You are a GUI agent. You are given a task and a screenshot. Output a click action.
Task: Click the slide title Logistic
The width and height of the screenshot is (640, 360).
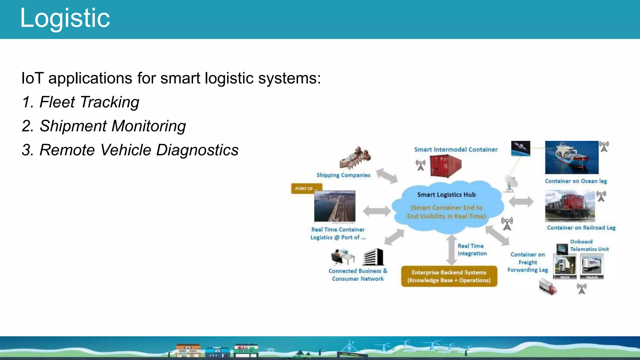(x=65, y=18)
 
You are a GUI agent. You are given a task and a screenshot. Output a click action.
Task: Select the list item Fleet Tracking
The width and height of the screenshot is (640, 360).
(x=81, y=102)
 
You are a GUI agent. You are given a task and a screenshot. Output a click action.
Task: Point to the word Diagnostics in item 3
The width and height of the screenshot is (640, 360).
(x=197, y=150)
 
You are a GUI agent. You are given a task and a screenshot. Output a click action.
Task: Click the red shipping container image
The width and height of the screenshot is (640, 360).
(x=445, y=166)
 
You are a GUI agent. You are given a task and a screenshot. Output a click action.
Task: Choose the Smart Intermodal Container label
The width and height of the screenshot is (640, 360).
(x=456, y=150)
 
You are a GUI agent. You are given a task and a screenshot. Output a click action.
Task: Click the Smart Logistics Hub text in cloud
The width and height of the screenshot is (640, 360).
(x=446, y=195)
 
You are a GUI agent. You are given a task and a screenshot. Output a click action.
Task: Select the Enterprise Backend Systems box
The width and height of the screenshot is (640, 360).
(x=449, y=276)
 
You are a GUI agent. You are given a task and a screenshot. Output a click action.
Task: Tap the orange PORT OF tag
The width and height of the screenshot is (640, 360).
(x=306, y=188)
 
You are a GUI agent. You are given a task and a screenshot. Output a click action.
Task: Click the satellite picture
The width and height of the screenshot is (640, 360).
(x=520, y=148)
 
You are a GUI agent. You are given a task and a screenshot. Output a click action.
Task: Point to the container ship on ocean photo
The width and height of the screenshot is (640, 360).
(x=572, y=157)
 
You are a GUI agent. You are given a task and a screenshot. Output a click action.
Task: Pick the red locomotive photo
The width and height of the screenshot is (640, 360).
(x=570, y=206)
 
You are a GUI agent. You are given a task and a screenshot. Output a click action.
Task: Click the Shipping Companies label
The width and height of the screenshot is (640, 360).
(x=343, y=175)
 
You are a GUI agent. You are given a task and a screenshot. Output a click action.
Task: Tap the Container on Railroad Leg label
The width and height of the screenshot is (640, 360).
(x=581, y=228)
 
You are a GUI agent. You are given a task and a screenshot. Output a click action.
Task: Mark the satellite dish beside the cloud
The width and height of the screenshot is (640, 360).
(x=511, y=183)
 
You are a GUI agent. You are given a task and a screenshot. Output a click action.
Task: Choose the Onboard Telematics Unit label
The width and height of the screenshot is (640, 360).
(x=589, y=245)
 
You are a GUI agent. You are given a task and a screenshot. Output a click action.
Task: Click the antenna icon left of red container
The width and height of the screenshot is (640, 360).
(x=421, y=165)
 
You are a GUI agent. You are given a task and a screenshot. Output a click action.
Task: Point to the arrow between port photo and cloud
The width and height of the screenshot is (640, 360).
(x=377, y=211)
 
